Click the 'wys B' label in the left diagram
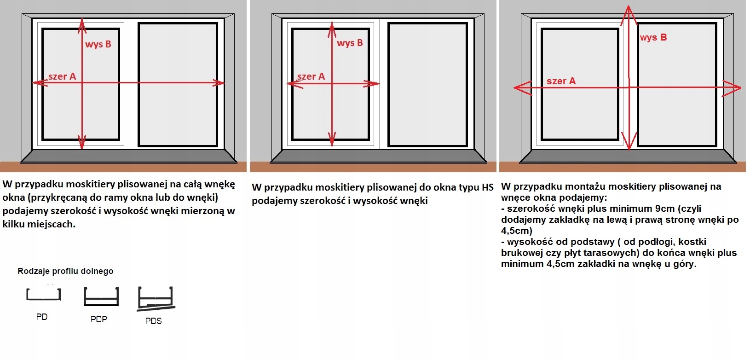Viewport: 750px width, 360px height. tap(98, 45)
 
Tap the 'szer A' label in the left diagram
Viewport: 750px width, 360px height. tap(62, 76)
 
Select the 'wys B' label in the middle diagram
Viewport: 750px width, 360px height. tap(350, 43)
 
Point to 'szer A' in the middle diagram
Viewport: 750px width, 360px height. tap(311, 76)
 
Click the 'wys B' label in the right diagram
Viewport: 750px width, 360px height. tap(653, 38)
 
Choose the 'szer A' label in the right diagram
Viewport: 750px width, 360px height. tap(561, 81)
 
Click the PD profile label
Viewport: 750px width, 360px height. tap(42, 317)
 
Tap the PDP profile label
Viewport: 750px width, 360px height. tap(98, 319)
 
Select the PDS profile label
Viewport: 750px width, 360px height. tap(153, 321)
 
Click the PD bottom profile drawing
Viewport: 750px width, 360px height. tap(43, 295)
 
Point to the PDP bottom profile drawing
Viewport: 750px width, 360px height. tap(101, 296)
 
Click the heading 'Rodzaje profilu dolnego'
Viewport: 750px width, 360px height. tap(65, 271)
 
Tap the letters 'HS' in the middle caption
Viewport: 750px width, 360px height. tap(487, 187)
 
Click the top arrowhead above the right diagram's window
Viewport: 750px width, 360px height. tap(629, 10)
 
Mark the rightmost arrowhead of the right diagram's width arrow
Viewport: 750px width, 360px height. tap(736, 87)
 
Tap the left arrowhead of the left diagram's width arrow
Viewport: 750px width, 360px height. tap(37, 83)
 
